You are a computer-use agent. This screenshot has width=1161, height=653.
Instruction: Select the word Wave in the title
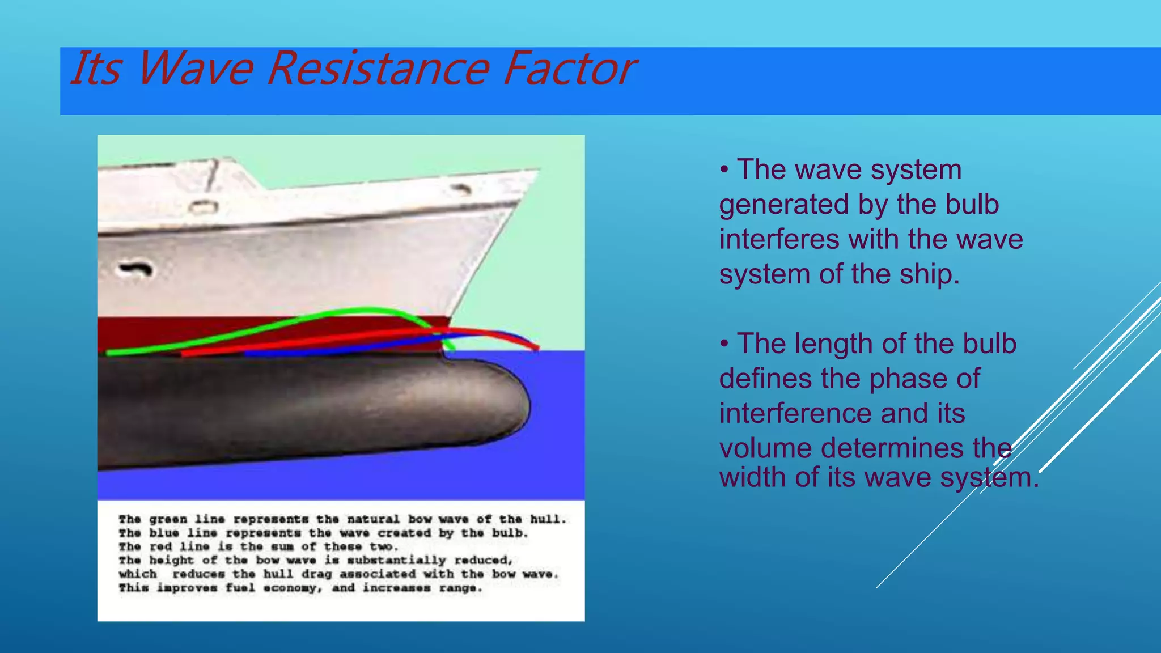coord(194,69)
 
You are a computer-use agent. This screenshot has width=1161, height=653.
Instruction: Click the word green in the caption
coord(168,519)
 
